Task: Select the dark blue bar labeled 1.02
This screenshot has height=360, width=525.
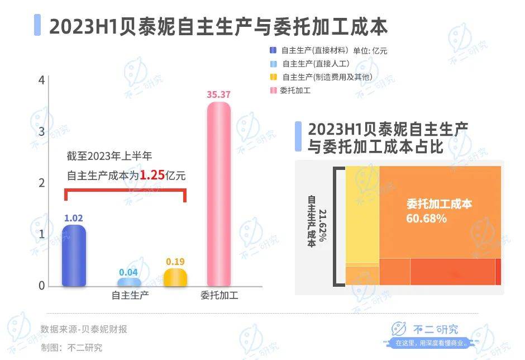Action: click(x=74, y=256)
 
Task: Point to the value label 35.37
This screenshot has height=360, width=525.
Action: click(x=218, y=94)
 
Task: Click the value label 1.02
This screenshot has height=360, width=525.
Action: click(x=74, y=218)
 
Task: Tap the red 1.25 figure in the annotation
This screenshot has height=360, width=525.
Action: click(x=151, y=175)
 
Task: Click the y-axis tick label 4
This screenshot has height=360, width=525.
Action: click(x=41, y=80)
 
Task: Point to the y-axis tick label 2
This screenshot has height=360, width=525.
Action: click(x=41, y=183)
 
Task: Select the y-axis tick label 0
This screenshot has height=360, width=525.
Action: click(x=41, y=286)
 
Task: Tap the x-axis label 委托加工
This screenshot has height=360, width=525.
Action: click(x=219, y=296)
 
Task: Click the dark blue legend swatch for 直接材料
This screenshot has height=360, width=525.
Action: click(x=273, y=51)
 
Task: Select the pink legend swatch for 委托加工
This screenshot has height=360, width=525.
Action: click(x=273, y=90)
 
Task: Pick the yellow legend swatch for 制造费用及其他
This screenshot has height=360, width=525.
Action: click(x=273, y=77)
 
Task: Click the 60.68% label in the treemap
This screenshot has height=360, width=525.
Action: click(x=426, y=219)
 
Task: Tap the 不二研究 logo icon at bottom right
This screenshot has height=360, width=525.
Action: click(x=399, y=330)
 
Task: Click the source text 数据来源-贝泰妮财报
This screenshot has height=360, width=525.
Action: click(x=84, y=329)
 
